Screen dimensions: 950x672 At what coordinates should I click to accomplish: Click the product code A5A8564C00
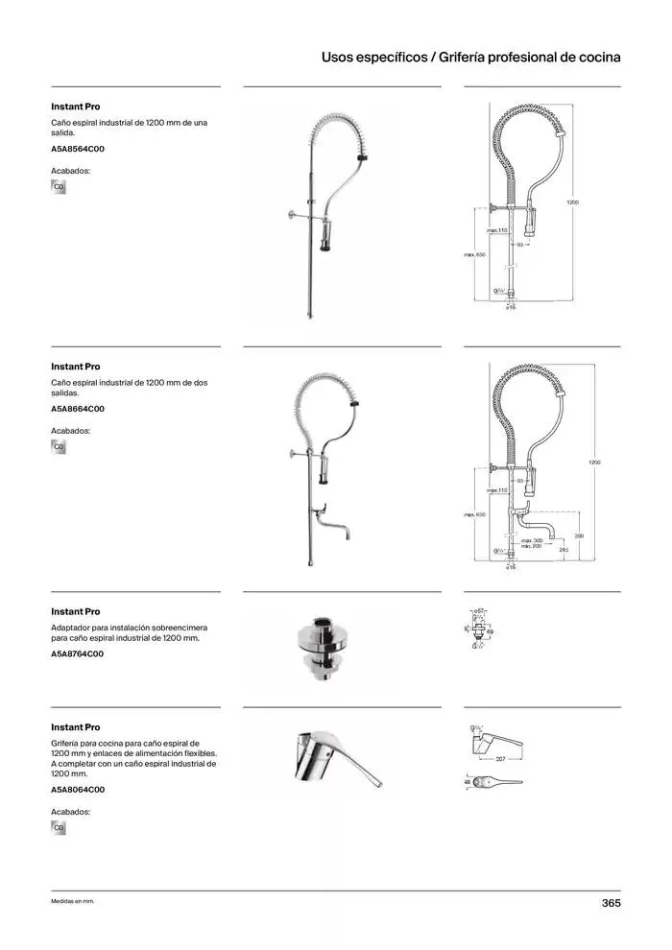[78, 150]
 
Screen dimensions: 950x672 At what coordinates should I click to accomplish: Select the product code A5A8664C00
[78, 409]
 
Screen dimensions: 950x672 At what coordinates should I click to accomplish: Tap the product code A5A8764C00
[78, 653]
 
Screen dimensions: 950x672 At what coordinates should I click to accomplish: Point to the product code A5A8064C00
[78, 790]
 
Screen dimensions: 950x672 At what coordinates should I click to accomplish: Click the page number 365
[611, 903]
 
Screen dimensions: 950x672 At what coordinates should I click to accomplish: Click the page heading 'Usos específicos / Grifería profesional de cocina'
[470, 58]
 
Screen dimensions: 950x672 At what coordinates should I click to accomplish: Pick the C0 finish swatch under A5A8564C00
[59, 186]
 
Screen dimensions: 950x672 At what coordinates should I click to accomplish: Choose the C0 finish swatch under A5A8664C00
[59, 446]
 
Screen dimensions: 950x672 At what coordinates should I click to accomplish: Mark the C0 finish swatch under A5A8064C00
[59, 827]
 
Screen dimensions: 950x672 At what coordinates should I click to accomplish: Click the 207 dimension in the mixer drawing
[499, 759]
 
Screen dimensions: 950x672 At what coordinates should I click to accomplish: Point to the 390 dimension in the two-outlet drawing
[579, 535]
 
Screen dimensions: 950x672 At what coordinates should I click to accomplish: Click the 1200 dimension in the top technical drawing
[572, 202]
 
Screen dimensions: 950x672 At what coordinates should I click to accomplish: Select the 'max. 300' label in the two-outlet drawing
[532, 541]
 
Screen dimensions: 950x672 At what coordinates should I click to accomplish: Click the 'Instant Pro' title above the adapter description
[75, 611]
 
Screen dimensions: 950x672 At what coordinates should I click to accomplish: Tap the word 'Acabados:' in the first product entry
[70, 170]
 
